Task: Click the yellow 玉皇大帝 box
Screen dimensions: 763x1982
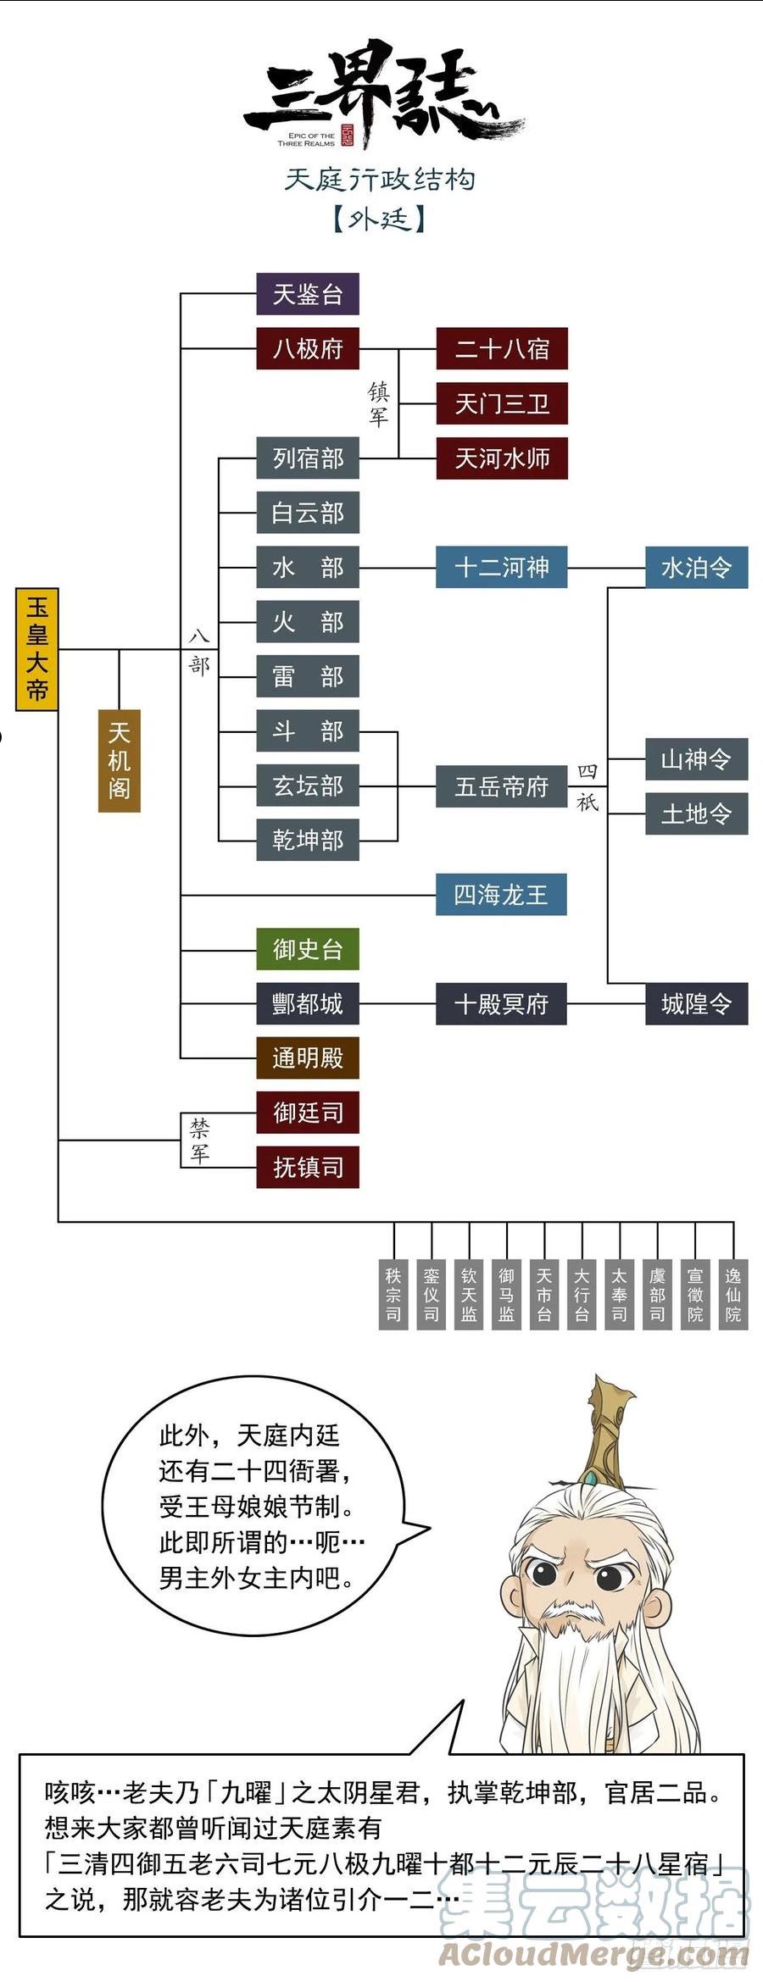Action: [36, 649]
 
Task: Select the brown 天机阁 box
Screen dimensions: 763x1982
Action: [119, 760]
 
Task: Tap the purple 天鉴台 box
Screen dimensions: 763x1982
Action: [308, 294]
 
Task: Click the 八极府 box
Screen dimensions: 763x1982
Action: [308, 348]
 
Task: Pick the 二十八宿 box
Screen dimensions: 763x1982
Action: [502, 348]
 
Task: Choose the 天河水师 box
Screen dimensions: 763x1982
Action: [502, 458]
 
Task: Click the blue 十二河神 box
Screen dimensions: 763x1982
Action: [502, 567]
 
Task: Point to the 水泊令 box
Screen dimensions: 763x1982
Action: [696, 567]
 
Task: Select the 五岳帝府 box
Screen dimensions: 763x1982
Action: [502, 786]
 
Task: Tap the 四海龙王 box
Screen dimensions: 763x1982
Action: [502, 895]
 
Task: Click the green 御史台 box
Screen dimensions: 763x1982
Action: [308, 949]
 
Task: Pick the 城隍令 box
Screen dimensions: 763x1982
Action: [696, 1004]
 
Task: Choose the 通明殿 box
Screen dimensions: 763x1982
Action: [308, 1058]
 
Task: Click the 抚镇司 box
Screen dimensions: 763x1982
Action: [308, 1168]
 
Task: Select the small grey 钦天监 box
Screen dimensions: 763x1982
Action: [469, 1295]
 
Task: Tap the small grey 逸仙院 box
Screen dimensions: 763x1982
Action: [733, 1295]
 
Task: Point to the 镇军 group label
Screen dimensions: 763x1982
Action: [378, 403]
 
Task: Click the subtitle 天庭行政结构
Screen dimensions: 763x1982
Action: [380, 180]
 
